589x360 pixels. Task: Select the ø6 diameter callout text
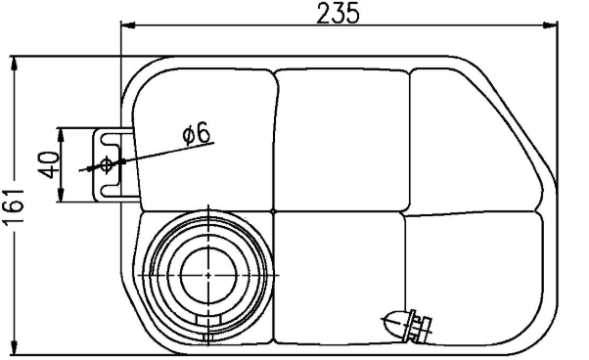click(197, 133)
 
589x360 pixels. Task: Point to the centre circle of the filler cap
click(207, 276)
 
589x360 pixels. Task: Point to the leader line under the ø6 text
click(157, 153)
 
